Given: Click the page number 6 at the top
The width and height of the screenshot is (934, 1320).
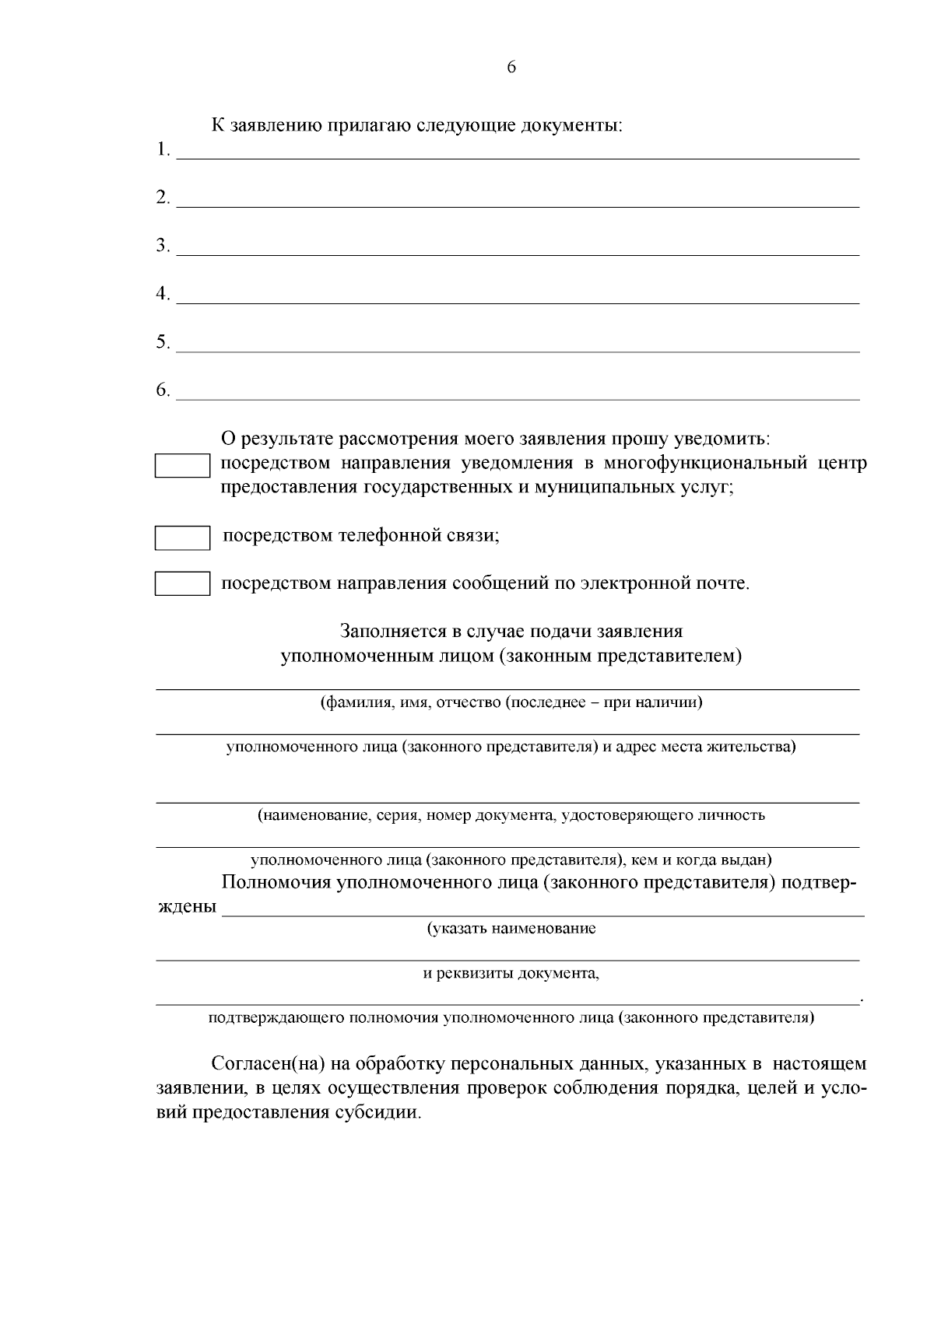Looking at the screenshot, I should [511, 67].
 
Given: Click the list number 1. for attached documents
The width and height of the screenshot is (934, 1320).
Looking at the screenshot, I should [163, 149].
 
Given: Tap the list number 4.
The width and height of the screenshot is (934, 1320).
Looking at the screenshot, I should [163, 294].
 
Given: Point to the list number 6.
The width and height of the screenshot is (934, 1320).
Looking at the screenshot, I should [163, 390].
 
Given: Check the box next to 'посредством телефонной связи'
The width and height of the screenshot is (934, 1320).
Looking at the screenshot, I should [182, 538].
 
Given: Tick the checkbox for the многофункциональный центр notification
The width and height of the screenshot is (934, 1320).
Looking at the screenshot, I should [182, 466].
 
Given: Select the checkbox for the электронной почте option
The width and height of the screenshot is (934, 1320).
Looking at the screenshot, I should [182, 583].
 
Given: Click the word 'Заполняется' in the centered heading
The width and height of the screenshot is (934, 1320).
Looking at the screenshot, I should [392, 631].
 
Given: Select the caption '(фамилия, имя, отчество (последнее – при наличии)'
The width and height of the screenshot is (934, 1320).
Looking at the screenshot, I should [511, 703].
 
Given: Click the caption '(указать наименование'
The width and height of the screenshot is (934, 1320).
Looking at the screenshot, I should [511, 929].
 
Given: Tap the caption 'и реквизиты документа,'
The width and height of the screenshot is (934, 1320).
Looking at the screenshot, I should [511, 974].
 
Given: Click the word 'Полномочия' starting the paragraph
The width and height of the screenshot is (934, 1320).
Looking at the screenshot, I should [274, 883].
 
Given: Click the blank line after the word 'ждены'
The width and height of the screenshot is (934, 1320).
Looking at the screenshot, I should [542, 910].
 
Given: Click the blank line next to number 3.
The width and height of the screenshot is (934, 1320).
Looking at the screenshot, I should [518, 249].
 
